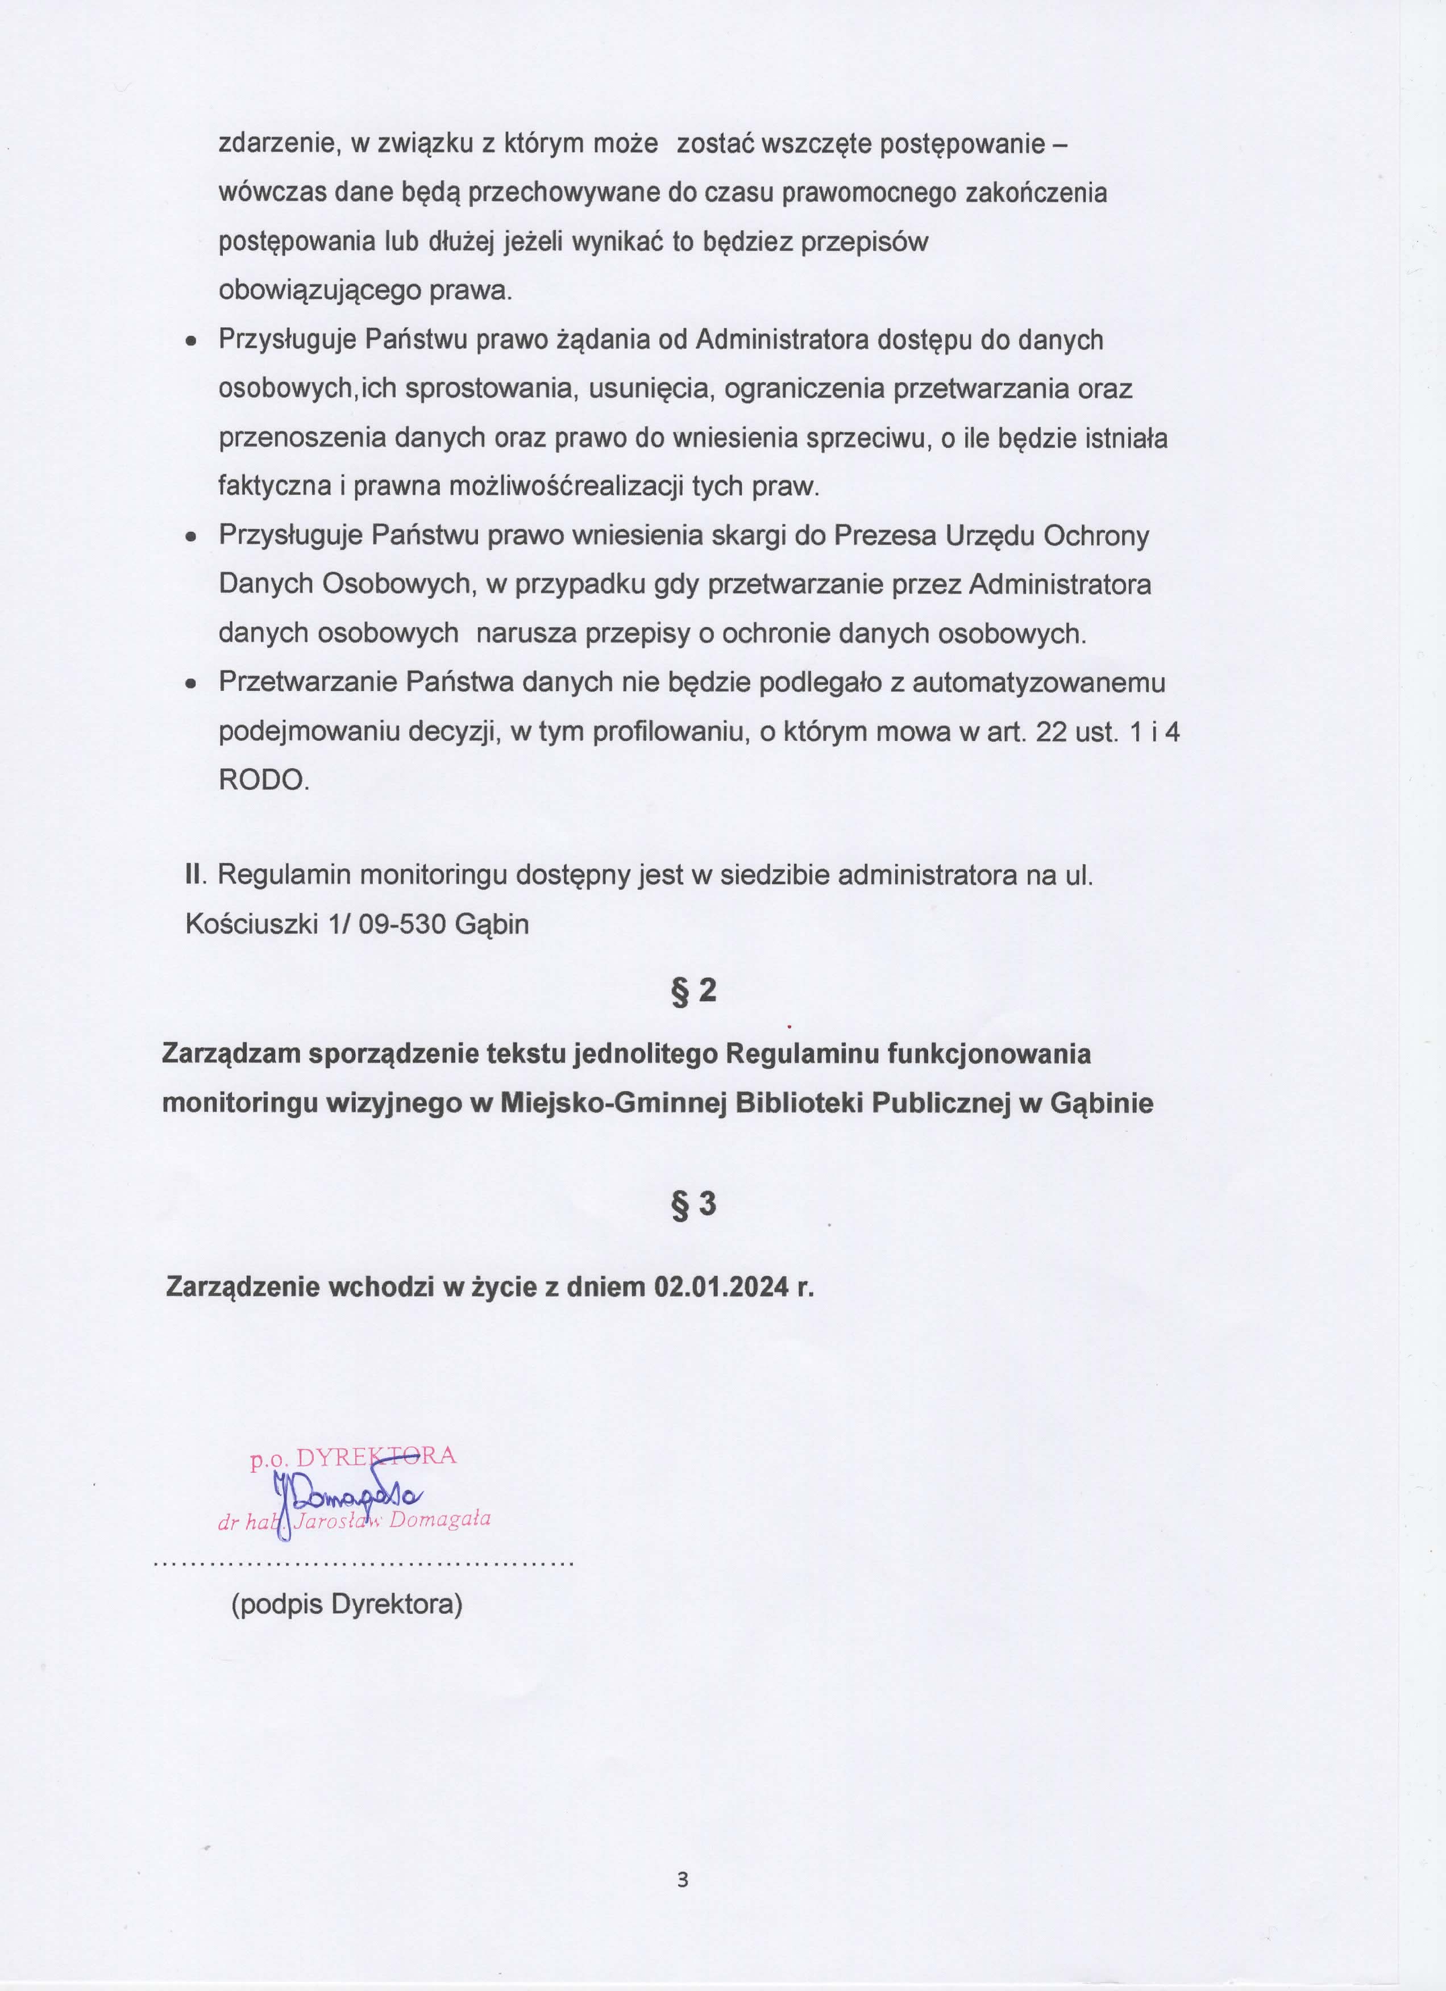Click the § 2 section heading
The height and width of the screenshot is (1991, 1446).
pyautogui.click(x=693, y=990)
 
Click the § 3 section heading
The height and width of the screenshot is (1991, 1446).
pyautogui.click(x=693, y=1203)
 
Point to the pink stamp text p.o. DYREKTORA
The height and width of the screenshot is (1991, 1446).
pyautogui.click(x=353, y=1457)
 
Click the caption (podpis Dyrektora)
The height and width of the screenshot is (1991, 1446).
pyautogui.click(x=347, y=1604)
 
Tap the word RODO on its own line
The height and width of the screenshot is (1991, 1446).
pyautogui.click(x=263, y=780)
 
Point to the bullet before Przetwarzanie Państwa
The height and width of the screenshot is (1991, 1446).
pyautogui.click(x=190, y=684)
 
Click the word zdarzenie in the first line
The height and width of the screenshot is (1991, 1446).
pyautogui.click(x=277, y=144)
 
